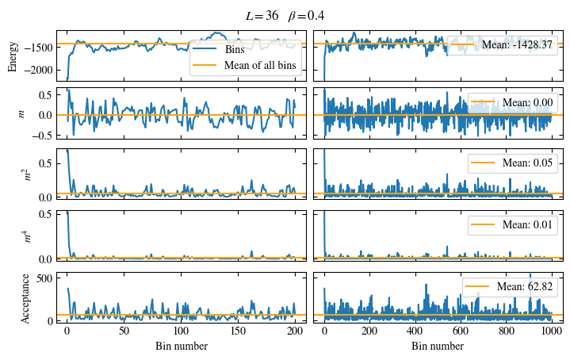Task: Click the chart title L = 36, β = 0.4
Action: coord(285,15)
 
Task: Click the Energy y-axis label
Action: coord(13,55)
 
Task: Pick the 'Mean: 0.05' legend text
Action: coord(525,163)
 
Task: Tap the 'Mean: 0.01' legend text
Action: coord(525,226)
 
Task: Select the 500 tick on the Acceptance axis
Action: coord(43,277)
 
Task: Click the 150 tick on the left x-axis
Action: coord(239,334)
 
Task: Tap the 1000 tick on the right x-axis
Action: coord(552,334)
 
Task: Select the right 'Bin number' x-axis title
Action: coord(438,347)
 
